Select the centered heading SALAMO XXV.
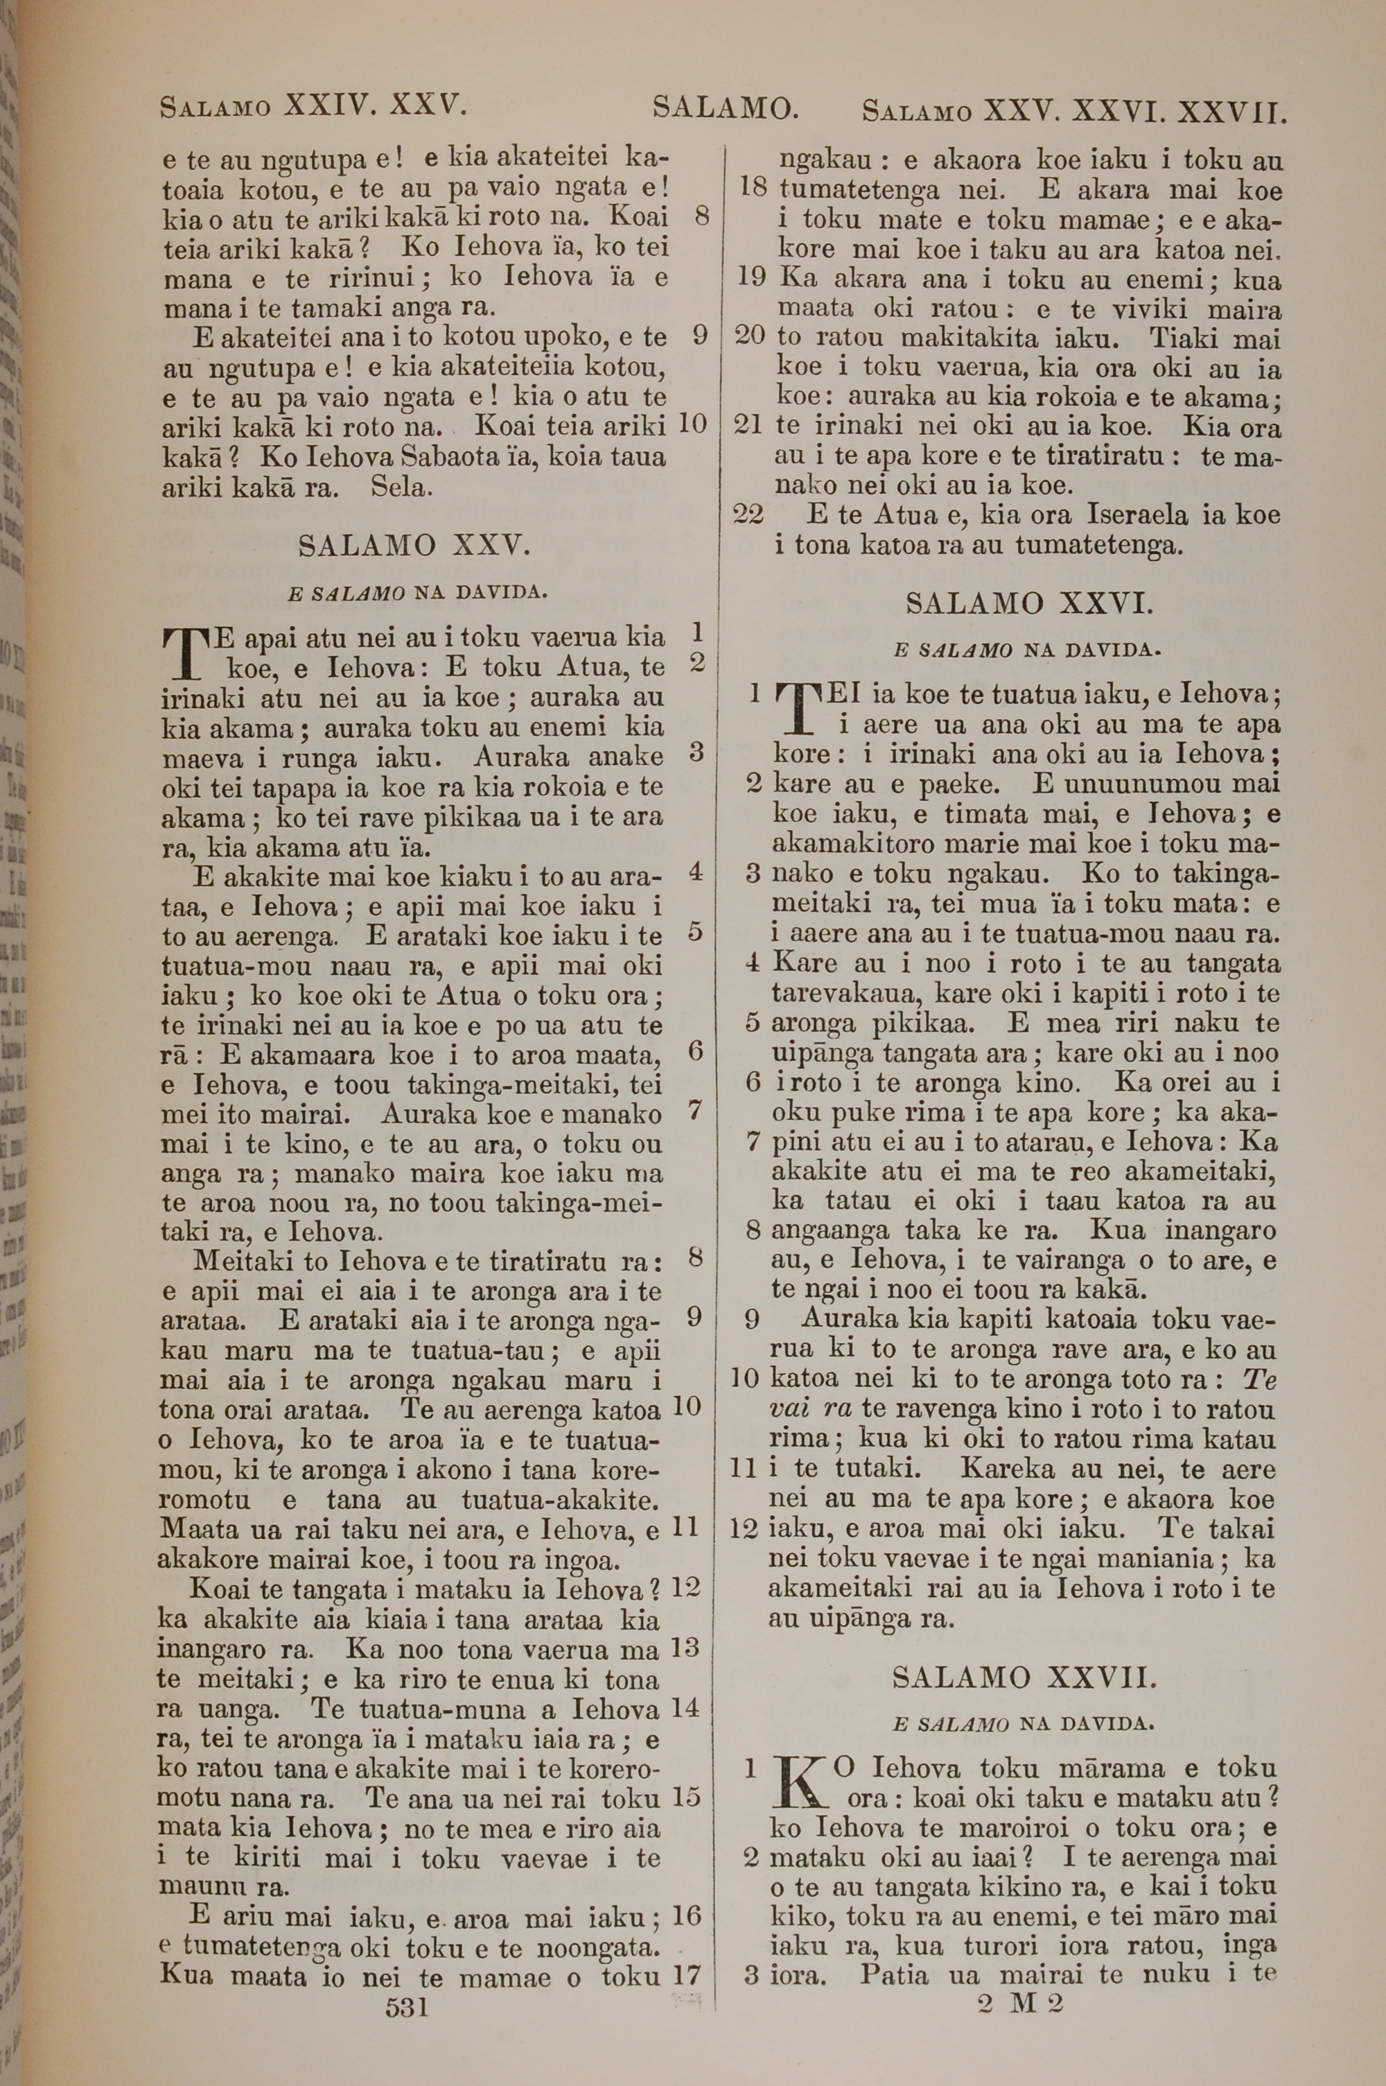[414, 546]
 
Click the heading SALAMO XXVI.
[1029, 605]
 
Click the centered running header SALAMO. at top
[725, 108]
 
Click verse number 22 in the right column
[748, 515]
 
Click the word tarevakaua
[841, 993]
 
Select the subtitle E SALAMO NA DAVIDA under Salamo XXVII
[1024, 1723]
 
